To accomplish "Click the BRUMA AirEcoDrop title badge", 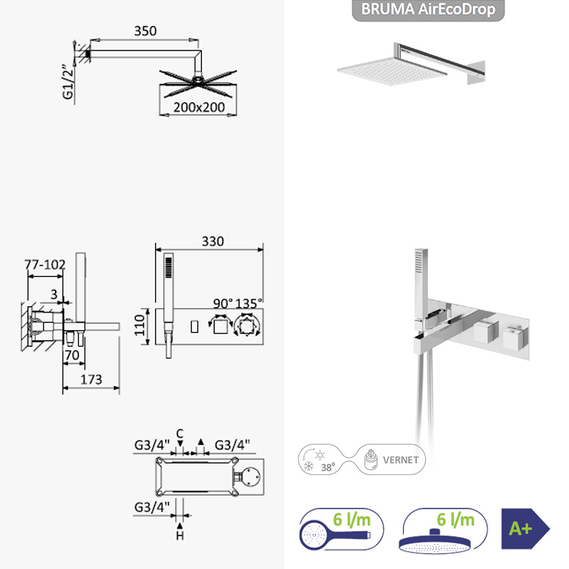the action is [428, 10].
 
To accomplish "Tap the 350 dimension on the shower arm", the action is [145, 31].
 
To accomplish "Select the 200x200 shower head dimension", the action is [199, 107].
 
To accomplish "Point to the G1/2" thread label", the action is [68, 82].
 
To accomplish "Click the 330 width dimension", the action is [213, 241].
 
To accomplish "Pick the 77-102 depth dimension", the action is [45, 265].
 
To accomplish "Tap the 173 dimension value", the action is [91, 380].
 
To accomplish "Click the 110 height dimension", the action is [139, 325].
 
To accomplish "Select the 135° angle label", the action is [249, 304].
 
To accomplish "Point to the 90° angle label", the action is [223, 304].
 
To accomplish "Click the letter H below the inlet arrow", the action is [180, 536].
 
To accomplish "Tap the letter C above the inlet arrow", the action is [180, 434].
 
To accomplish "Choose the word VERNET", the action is [400, 460].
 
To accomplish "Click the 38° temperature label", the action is [328, 467].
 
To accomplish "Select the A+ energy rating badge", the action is [526, 528].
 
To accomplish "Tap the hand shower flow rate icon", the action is [341, 529].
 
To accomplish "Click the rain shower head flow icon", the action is [445, 531].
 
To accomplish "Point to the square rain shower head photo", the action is [392, 71].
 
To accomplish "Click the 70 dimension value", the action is [72, 355].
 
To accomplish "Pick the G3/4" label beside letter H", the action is [151, 507].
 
